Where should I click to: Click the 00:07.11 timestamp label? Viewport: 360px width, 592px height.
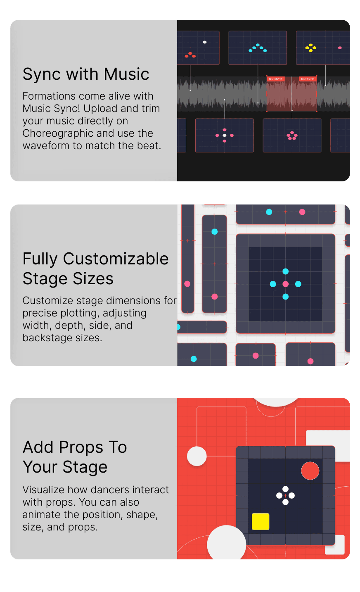[275, 79]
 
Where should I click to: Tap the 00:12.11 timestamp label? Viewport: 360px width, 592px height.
[308, 79]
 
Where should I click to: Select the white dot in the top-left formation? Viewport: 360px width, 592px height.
[205, 42]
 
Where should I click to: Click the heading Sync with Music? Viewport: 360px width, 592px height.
[86, 74]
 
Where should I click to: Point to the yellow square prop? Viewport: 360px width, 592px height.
[261, 521]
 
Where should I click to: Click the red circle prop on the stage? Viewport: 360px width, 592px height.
[310, 471]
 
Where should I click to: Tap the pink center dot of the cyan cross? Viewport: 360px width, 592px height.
[286, 284]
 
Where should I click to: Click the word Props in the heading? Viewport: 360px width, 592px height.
[81, 448]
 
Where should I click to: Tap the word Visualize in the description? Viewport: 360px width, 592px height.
[44, 490]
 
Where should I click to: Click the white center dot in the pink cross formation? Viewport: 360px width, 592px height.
[225, 136]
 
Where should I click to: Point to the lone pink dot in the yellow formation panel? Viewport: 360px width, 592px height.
[340, 48]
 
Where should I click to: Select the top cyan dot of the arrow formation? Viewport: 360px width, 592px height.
[258, 45]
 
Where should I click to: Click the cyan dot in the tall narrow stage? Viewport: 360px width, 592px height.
[214, 232]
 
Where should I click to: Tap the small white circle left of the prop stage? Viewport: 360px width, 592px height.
[197, 456]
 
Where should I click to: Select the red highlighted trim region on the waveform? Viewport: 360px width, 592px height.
[291, 94]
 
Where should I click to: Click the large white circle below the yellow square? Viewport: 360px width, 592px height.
[227, 543]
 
